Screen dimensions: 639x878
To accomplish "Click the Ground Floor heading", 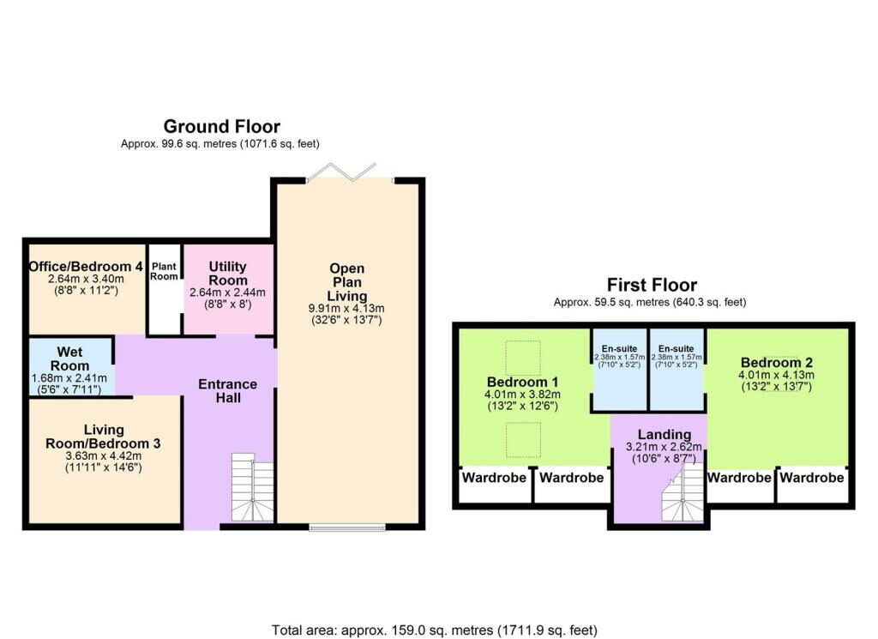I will [221, 127].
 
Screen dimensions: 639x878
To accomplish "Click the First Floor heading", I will [652, 285].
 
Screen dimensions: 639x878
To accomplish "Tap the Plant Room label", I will [165, 271].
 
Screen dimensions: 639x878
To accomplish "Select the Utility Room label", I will [228, 274].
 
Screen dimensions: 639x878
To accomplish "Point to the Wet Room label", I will [70, 359].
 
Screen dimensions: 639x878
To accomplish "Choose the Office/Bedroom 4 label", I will [86, 265].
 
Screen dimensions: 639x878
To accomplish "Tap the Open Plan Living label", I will [346, 282].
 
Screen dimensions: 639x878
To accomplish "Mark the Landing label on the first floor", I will [658, 433].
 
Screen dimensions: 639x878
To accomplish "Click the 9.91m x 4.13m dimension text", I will [346, 309].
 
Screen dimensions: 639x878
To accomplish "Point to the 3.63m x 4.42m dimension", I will [104, 455].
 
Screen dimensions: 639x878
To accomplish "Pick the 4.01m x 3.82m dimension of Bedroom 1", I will [523, 395].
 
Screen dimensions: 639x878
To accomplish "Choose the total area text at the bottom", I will [434, 630].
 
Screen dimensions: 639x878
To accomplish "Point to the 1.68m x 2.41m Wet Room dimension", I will [70, 377].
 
